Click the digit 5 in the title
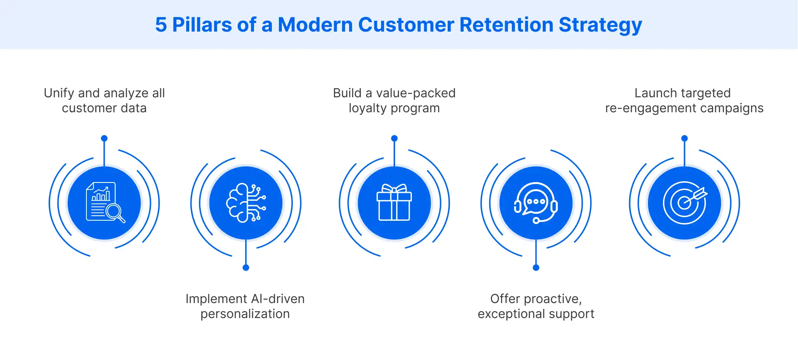(x=161, y=25)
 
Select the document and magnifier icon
(x=104, y=203)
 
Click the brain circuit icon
(x=246, y=203)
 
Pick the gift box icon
(x=394, y=203)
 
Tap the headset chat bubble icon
(x=536, y=203)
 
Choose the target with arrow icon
(x=684, y=203)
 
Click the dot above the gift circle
(x=394, y=138)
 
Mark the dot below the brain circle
(x=246, y=268)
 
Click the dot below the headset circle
(x=536, y=268)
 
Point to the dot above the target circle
(x=685, y=138)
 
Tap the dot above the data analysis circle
(x=104, y=138)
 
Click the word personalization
(x=245, y=314)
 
